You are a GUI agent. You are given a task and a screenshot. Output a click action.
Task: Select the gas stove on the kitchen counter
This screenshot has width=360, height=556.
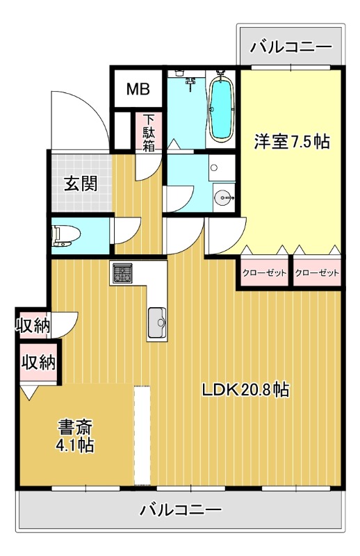(x=122, y=273)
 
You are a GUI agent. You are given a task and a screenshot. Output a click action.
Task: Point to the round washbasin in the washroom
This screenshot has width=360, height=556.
(x=224, y=196)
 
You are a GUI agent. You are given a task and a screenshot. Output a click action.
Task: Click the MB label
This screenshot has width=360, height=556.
(x=137, y=89)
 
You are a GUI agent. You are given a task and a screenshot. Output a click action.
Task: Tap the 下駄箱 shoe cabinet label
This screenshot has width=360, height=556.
(x=149, y=132)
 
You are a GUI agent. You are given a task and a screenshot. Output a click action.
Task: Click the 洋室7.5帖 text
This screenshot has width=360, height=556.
(x=291, y=141)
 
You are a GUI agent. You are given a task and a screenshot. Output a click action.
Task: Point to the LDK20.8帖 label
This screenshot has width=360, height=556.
(x=245, y=390)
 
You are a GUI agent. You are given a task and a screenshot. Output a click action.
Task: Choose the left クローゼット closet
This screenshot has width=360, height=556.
(x=264, y=272)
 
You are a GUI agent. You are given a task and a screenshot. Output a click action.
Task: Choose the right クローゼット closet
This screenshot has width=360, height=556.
(x=317, y=272)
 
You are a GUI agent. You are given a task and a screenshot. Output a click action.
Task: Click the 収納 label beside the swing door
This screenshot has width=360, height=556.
(x=31, y=325)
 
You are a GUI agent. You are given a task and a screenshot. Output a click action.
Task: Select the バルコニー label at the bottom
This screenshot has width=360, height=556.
(x=181, y=510)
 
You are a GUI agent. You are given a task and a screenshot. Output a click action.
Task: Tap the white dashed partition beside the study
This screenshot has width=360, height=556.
(x=142, y=435)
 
